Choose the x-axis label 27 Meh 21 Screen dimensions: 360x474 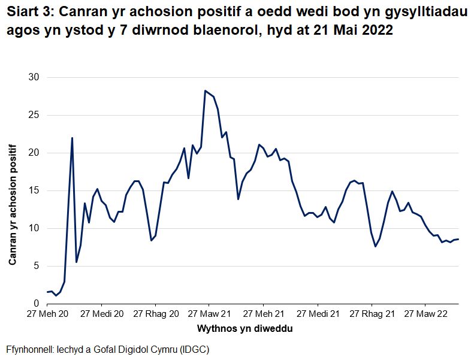[262, 314]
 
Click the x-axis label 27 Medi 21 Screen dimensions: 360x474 [317, 314]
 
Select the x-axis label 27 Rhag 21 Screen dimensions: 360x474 [372, 314]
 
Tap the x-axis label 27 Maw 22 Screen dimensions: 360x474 [425, 314]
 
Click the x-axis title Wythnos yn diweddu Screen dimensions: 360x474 [245, 329]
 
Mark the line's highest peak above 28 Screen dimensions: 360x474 [206, 90]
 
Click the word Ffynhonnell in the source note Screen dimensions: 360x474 [28, 349]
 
